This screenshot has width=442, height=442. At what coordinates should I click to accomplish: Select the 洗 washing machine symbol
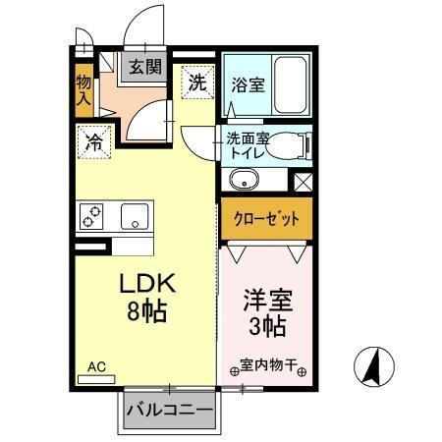pos(196,83)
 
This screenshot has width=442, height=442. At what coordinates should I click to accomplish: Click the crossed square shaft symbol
pos(304,182)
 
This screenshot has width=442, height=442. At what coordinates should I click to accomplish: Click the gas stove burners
pos(94,215)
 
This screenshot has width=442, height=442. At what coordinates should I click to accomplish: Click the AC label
pos(96,367)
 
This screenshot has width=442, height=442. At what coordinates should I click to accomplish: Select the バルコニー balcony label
pos(169,409)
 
